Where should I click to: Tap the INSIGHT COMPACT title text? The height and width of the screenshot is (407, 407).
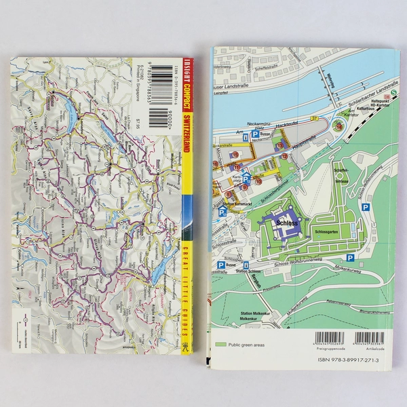point(187,94)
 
